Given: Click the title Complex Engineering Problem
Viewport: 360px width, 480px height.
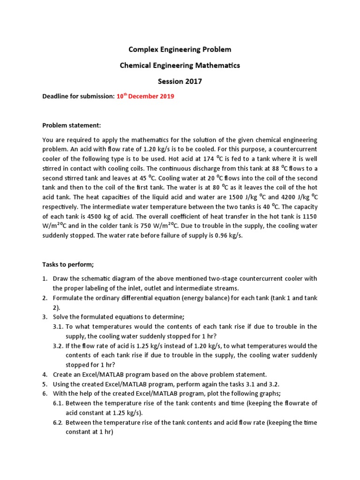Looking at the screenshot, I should coord(180,49).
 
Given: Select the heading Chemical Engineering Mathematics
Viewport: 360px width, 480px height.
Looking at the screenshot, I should coord(180,65).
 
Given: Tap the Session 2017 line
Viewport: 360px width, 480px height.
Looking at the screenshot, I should coord(180,81).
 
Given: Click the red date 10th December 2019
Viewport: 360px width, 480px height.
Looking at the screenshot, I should coord(145,97).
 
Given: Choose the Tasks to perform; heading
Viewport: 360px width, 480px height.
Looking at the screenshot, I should coord(68,264).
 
